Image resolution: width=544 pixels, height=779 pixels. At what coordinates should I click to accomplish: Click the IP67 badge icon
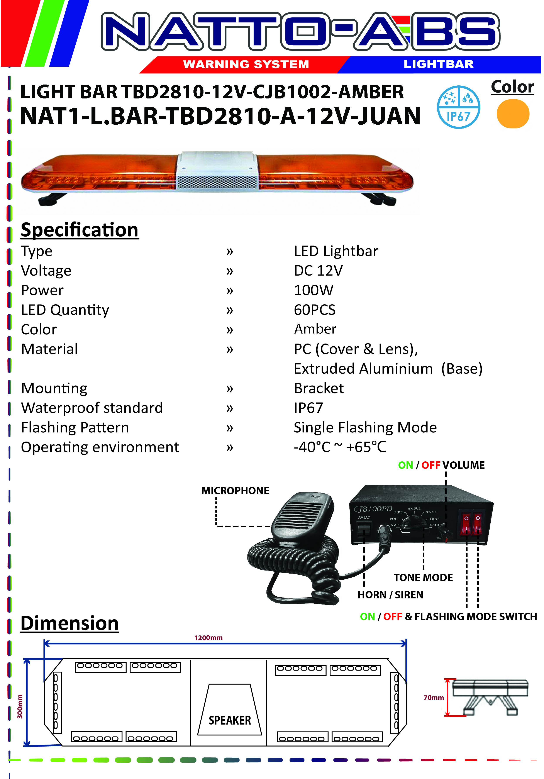click(x=458, y=107)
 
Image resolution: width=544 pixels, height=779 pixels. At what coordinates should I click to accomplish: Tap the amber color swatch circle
click(x=513, y=114)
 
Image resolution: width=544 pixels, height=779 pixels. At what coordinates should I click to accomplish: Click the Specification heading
click(x=80, y=230)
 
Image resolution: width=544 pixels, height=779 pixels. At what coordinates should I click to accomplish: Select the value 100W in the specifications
click(x=314, y=290)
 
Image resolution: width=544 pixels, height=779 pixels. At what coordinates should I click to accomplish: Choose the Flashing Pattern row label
click(x=75, y=427)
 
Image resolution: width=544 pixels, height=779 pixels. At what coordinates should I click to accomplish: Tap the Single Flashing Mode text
click(x=365, y=427)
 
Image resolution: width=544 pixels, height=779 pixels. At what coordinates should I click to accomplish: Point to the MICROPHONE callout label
click(x=235, y=491)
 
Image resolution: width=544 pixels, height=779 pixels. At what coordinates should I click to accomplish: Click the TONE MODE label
click(x=423, y=577)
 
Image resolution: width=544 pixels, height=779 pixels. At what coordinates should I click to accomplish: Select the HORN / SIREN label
click(x=390, y=595)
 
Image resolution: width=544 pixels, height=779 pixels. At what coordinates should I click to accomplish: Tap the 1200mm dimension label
click(x=208, y=638)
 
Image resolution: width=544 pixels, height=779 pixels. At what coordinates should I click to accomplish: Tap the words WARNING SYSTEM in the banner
click(x=246, y=64)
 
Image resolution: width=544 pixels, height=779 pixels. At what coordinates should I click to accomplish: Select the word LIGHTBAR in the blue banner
click(x=439, y=64)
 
